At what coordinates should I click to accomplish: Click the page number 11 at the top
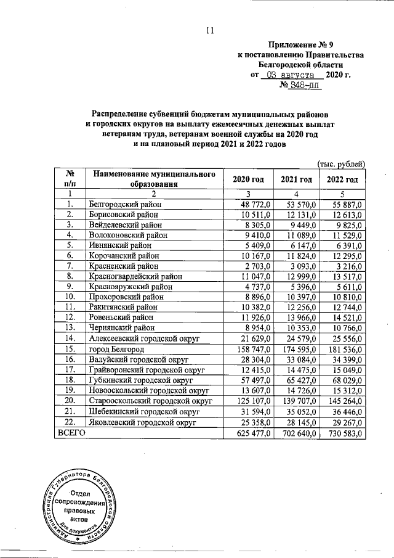(210, 31)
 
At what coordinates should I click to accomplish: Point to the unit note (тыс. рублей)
(341, 163)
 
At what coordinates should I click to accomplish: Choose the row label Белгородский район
(125, 203)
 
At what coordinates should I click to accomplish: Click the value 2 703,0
(253, 266)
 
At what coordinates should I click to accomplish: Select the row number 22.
(70, 423)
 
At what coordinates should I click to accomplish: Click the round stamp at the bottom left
(78, 504)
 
